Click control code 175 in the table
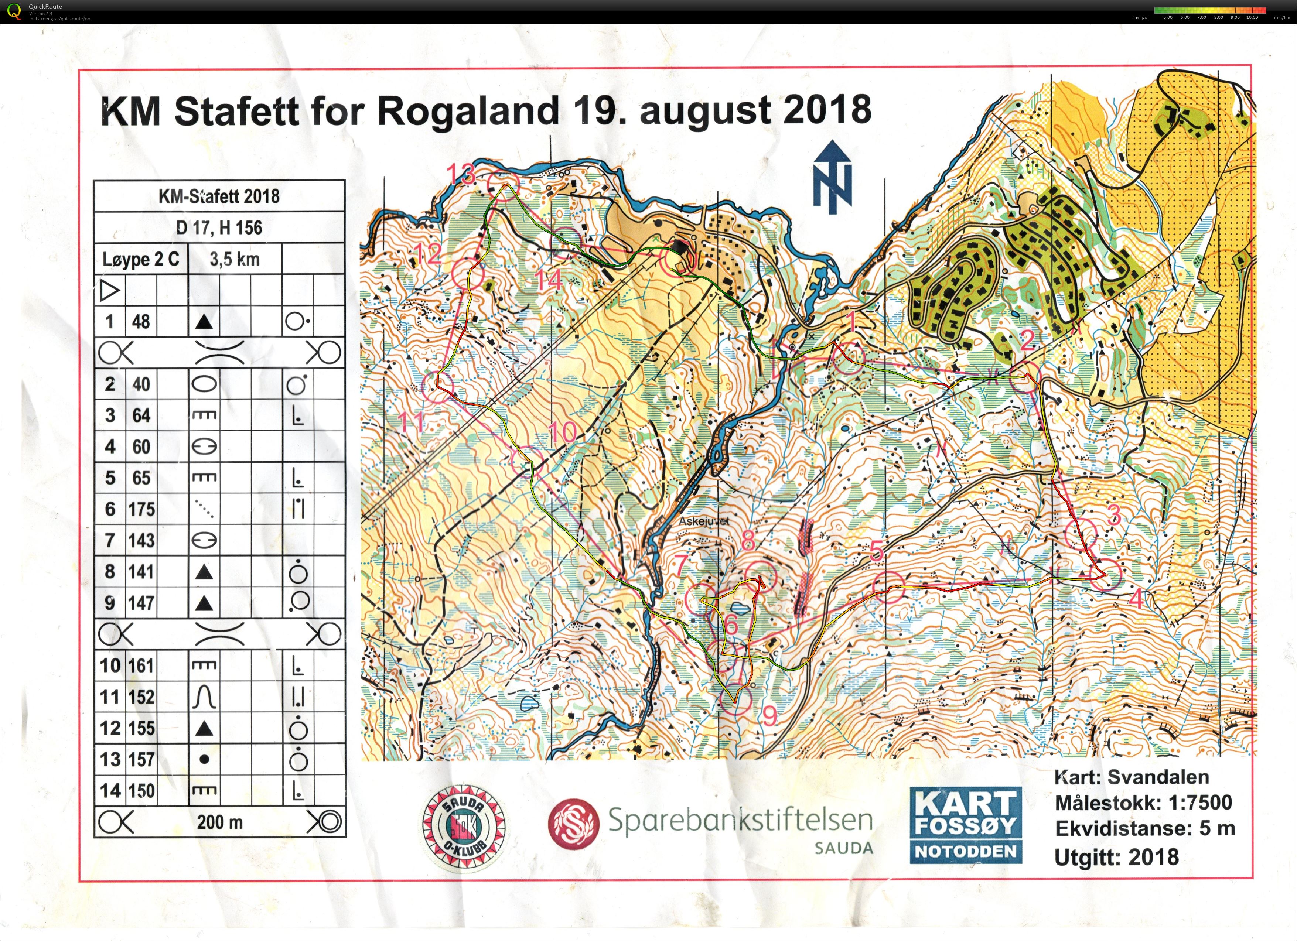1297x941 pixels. pyautogui.click(x=141, y=509)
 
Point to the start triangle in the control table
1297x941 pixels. pyautogui.click(x=109, y=291)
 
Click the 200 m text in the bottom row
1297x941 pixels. pyautogui.click(x=219, y=822)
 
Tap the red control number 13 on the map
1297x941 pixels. pyautogui.click(x=461, y=173)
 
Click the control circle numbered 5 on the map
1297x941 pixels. pyautogui.click(x=888, y=586)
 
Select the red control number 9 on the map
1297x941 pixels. pyautogui.click(x=770, y=715)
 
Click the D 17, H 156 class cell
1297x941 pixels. pyautogui.click(x=219, y=227)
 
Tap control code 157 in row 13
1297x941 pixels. pyautogui.click(x=141, y=759)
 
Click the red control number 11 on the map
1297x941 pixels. pyautogui.click(x=411, y=422)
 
